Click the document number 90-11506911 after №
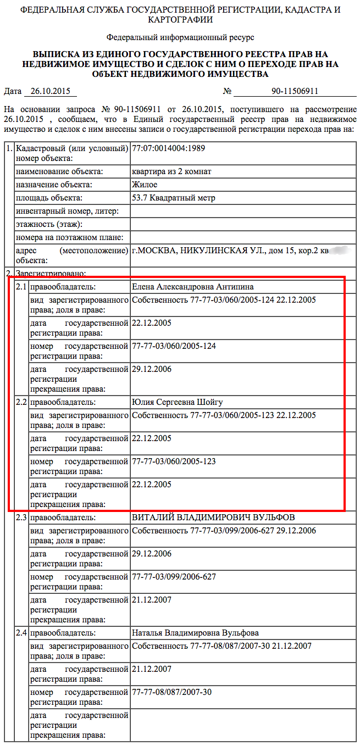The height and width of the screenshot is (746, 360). (x=295, y=92)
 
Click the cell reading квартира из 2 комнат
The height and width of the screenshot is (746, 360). (x=172, y=171)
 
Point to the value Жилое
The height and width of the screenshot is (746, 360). (x=145, y=185)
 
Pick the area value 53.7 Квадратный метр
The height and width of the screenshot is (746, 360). (x=174, y=198)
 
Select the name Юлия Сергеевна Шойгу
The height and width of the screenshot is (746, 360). (x=178, y=402)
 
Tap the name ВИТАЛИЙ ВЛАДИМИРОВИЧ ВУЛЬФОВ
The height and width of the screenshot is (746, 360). (x=213, y=517)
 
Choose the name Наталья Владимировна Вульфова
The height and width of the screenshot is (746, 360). (x=195, y=633)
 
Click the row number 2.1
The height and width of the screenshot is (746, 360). (x=21, y=287)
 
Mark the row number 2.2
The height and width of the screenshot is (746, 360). (x=21, y=402)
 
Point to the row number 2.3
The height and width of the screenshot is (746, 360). (x=21, y=517)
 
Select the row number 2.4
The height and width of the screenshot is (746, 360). (x=21, y=633)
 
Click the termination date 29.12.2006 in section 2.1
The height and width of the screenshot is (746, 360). (x=152, y=369)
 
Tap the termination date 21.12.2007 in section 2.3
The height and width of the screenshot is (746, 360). (x=152, y=600)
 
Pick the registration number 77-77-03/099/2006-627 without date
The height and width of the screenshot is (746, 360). (x=174, y=577)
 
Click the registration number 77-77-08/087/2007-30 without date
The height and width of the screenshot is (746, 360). (x=172, y=692)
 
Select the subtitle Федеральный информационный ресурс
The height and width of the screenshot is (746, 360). (x=180, y=37)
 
